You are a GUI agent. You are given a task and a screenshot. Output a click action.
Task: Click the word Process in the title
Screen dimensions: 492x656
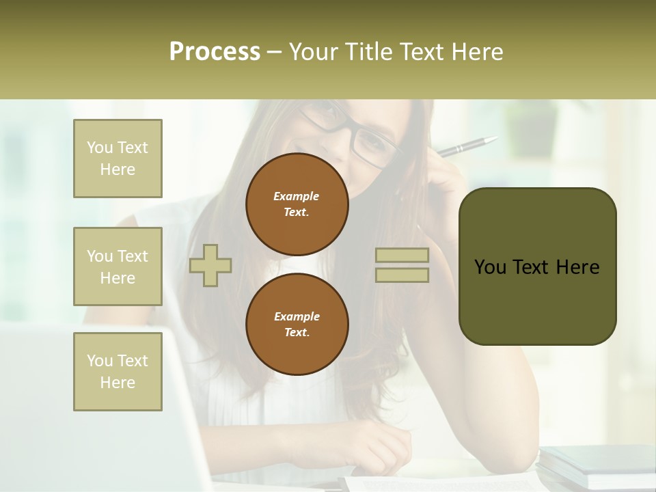[215, 52]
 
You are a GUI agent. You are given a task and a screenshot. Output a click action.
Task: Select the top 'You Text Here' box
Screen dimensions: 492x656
[118, 159]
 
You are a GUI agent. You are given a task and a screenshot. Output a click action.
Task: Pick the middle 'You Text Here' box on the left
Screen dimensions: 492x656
[118, 266]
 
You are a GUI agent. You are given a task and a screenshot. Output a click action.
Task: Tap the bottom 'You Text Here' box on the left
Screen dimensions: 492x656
[118, 372]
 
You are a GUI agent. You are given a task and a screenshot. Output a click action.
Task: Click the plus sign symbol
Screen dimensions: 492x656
[210, 264]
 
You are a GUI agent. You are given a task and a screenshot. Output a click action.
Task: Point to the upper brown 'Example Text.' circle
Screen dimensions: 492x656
[297, 204]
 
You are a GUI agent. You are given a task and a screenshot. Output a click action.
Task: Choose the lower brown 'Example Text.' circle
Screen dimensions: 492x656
[297, 325]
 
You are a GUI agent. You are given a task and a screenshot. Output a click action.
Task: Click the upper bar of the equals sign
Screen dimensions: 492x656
[402, 256]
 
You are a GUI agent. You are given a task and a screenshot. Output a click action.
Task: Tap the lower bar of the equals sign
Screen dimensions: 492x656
[402, 275]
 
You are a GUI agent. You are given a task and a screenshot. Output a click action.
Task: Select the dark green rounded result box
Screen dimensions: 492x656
[537, 266]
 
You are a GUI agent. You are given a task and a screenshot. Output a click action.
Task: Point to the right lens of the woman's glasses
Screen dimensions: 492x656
[372, 143]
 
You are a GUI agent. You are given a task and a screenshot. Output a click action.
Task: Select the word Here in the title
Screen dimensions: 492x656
[474, 52]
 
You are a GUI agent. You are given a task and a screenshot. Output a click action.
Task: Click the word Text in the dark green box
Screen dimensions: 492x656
[536, 267]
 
